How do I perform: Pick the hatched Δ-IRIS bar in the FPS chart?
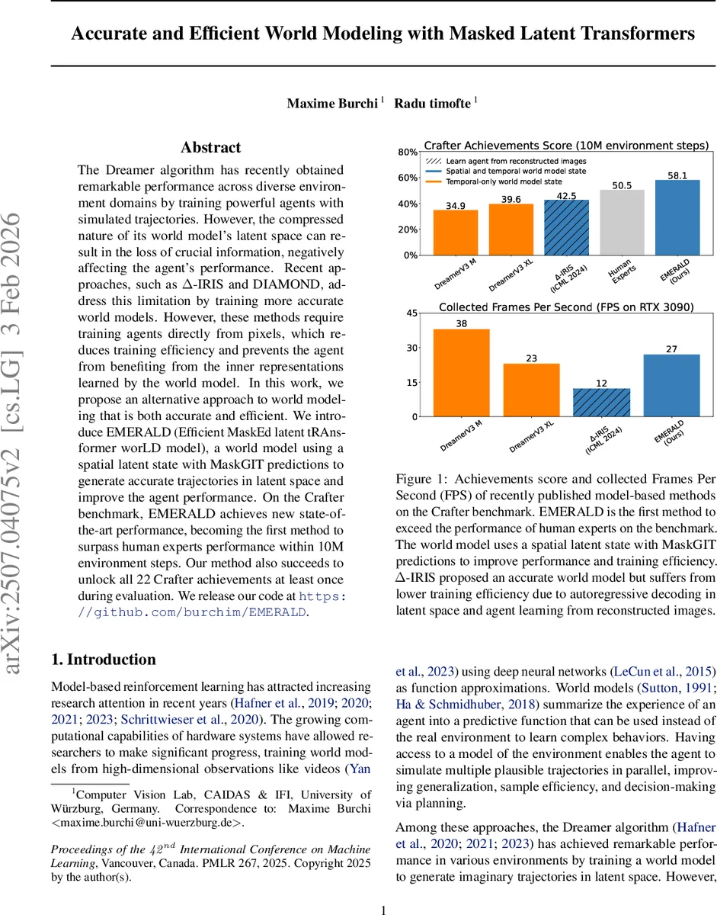pyautogui.click(x=601, y=403)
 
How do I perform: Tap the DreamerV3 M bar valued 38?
pyautogui.click(x=462, y=372)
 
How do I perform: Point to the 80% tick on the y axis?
pyautogui.click(x=407, y=152)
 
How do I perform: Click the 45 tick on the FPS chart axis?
pyautogui.click(x=411, y=313)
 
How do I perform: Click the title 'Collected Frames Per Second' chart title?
pyautogui.click(x=566, y=307)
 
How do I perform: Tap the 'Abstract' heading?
pyautogui.click(x=210, y=147)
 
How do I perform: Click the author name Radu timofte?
pyautogui.click(x=431, y=103)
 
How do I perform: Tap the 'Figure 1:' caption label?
pyautogui.click(x=421, y=479)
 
